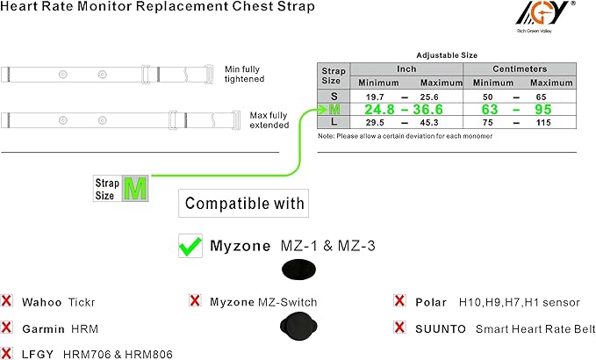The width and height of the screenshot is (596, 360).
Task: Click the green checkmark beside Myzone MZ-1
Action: coord(190,247)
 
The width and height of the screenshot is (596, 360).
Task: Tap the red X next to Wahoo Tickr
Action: coord(7,301)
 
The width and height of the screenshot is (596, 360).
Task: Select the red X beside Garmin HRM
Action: coord(7,328)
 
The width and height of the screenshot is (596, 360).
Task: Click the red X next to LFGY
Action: coord(7,353)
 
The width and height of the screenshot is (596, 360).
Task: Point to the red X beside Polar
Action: coord(399,301)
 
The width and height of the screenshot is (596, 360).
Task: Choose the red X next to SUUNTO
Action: coord(399,328)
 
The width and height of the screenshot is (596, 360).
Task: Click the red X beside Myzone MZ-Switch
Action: coord(195,301)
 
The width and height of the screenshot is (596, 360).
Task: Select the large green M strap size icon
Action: coord(134,189)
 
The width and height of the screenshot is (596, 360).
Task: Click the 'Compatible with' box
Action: coord(245,205)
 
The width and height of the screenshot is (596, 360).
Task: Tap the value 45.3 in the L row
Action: coord(429,123)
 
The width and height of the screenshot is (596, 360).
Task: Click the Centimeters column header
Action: coord(521,68)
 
